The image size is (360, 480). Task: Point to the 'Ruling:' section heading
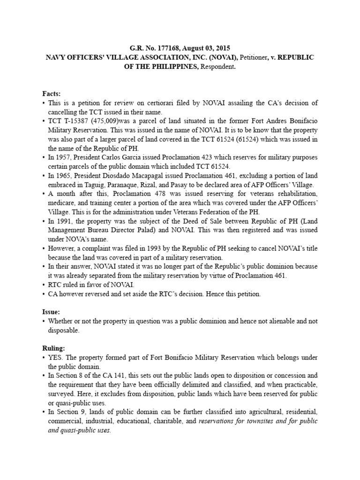tap(54, 348)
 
